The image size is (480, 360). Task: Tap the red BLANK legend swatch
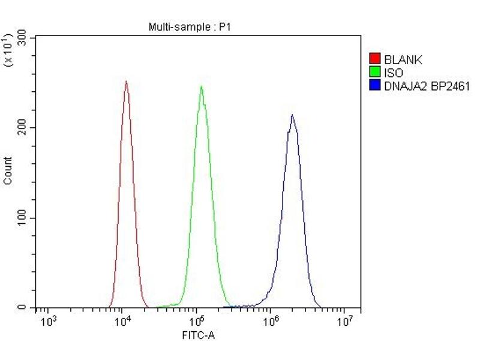click(375, 59)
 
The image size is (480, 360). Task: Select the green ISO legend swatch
click(375, 73)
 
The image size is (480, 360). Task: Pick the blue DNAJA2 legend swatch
click(375, 86)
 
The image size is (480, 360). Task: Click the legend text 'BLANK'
click(403, 59)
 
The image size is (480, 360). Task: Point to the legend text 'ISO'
click(394, 73)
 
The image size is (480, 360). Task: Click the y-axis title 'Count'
click(8, 170)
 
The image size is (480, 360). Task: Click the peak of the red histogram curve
click(126, 82)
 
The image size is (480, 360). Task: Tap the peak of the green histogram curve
click(201, 86)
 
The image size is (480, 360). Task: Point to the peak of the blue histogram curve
click(292, 115)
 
